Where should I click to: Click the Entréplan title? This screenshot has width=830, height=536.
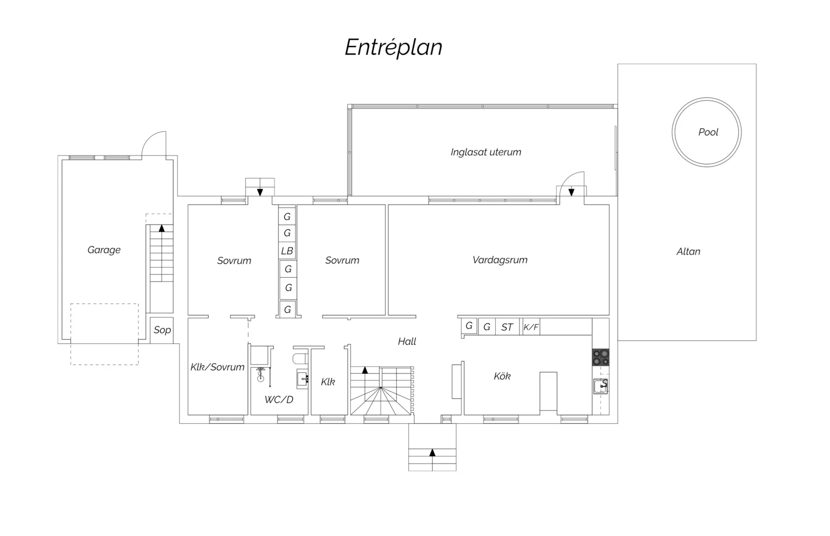click(393, 48)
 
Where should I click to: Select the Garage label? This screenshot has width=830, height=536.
click(104, 250)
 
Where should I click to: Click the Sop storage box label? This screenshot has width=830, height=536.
click(162, 330)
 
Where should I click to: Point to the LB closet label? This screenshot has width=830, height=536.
click(287, 251)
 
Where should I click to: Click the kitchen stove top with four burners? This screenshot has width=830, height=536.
click(600, 357)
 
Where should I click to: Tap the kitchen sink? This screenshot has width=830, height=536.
click(601, 387)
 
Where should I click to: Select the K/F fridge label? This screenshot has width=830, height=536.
click(531, 327)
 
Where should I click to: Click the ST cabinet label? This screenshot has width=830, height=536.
click(507, 327)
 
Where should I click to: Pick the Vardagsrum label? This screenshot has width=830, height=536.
click(500, 260)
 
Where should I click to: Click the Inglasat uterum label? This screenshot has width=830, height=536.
click(486, 152)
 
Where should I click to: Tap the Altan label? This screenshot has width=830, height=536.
click(688, 252)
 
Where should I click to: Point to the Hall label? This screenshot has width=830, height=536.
click(407, 341)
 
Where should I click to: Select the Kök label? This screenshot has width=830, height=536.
click(502, 376)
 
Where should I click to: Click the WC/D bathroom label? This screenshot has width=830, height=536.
click(279, 400)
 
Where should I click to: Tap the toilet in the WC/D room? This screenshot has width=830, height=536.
click(300, 358)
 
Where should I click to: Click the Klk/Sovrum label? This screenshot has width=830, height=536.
click(217, 367)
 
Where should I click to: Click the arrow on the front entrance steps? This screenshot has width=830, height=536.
click(432, 452)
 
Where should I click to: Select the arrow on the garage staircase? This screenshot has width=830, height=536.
click(162, 228)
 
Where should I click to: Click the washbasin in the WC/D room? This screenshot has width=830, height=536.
click(302, 378)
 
